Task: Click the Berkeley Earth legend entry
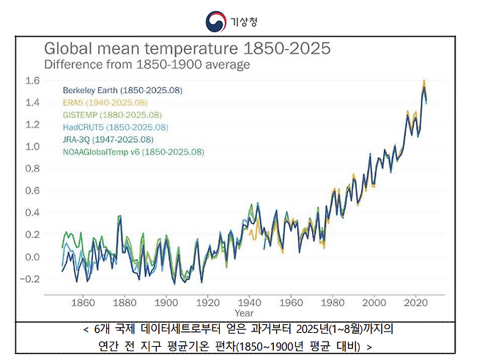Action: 122,90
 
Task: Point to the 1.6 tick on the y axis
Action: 31,80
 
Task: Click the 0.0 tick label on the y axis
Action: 31,257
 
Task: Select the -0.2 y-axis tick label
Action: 30,279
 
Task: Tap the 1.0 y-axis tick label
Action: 31,146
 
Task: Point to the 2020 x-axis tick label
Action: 418,301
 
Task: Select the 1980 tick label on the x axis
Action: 333,301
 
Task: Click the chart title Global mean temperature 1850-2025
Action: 188,49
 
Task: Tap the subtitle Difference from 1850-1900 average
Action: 147,65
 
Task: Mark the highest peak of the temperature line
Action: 424,80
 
